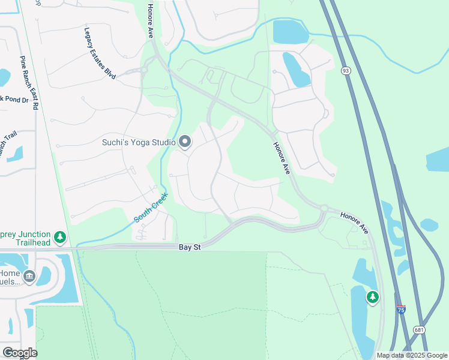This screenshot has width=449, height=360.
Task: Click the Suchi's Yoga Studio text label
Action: [138, 142]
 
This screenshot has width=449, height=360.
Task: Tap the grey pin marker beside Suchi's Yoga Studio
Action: [185, 142]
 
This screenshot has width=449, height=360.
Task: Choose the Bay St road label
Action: [188, 247]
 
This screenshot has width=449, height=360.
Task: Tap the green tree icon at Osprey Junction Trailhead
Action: [59, 238]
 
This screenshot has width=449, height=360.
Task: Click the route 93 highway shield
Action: [345, 71]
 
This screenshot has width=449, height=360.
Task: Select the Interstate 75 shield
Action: [400, 310]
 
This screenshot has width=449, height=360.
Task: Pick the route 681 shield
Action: [420, 330]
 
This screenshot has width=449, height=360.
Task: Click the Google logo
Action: [20, 352]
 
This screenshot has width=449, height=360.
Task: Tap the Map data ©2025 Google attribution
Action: [411, 355]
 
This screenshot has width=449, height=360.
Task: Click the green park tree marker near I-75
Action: [373, 296]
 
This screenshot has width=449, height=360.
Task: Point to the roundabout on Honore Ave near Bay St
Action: [324, 209]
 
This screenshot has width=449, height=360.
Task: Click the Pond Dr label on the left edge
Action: [14, 99]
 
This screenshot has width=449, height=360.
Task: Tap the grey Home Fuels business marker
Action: [29, 276]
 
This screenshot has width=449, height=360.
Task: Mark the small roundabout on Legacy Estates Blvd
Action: [144, 70]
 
